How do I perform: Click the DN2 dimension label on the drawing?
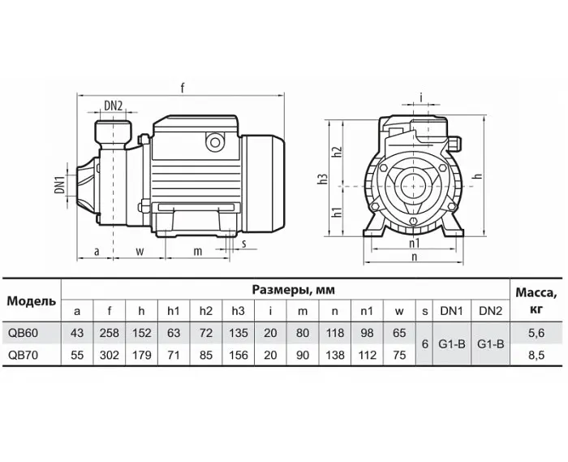[114, 106]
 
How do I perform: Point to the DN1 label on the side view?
[60, 184]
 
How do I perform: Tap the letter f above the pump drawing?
[183, 88]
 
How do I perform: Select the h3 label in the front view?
[323, 179]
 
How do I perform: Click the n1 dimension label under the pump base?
[414, 243]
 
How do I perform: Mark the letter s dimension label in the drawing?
[244, 244]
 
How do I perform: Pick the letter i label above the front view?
[421, 97]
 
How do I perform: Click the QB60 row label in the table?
[23, 333]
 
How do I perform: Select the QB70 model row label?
[23, 355]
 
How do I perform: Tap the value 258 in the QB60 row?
[110, 333]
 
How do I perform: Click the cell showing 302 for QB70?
[110, 355]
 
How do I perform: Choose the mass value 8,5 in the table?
[536, 355]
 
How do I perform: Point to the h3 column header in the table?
[238, 311]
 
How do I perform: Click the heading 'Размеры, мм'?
[294, 290]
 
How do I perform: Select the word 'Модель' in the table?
[32, 301]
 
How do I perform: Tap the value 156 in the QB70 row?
[239, 355]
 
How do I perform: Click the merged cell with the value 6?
[425, 344]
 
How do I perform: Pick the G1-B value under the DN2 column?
[490, 344]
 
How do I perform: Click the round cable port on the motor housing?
[215, 142]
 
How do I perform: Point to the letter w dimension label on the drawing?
[140, 251]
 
